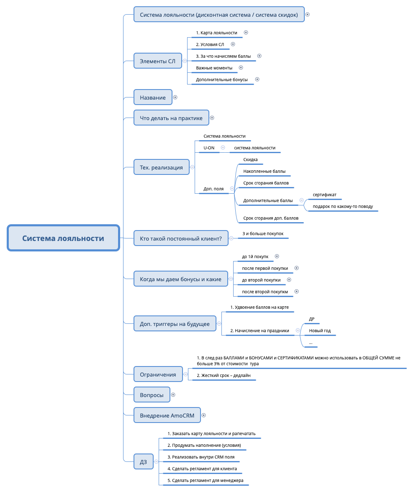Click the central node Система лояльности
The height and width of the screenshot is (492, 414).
[x=63, y=238]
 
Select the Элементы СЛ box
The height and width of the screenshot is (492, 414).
[x=157, y=61]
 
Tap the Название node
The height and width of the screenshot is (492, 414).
[x=153, y=97]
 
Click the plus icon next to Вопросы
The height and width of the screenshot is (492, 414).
[x=173, y=395]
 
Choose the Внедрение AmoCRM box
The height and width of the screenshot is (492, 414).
[x=167, y=415]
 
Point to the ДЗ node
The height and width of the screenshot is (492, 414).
[x=143, y=462]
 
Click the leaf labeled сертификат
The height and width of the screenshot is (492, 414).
[x=324, y=195]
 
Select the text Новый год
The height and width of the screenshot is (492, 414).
[x=320, y=331]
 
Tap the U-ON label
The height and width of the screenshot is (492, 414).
[x=209, y=148]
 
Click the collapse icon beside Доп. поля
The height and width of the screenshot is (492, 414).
[x=232, y=189]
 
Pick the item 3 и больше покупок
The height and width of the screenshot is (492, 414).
[x=263, y=233]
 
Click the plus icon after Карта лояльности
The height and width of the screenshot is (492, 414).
[x=246, y=32]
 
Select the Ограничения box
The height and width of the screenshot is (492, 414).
[x=158, y=374]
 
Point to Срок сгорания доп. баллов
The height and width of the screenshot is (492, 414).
[x=270, y=218]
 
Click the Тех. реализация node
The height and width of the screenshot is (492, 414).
[x=161, y=167]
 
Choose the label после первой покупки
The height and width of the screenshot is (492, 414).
[x=265, y=268]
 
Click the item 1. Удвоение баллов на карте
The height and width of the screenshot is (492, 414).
[x=260, y=307]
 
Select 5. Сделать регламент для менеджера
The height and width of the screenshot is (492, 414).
[x=206, y=480]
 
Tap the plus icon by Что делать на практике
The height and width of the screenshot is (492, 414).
[x=212, y=118]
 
